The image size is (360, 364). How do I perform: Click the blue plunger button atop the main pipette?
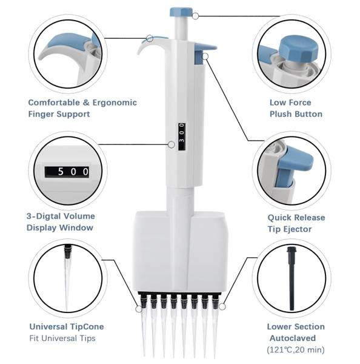tap(181, 12)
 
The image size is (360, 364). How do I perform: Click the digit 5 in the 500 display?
tap(61, 172)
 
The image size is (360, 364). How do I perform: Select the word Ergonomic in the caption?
tap(115, 103)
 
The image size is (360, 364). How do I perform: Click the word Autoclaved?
tap(293, 338)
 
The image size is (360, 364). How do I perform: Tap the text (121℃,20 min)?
tap(296, 349)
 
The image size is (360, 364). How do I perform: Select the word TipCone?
tap(87, 326)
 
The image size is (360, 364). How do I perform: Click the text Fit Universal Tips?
tap(62, 338)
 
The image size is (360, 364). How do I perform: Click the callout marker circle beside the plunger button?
tap(196, 16)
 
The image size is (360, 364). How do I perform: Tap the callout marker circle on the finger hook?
tap(150, 38)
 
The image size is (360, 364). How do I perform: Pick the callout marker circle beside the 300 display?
tap(171, 144)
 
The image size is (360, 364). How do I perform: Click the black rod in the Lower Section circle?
tap(291, 278)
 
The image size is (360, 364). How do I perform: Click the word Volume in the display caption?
tap(79, 216)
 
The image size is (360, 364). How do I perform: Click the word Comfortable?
tap(54, 103)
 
